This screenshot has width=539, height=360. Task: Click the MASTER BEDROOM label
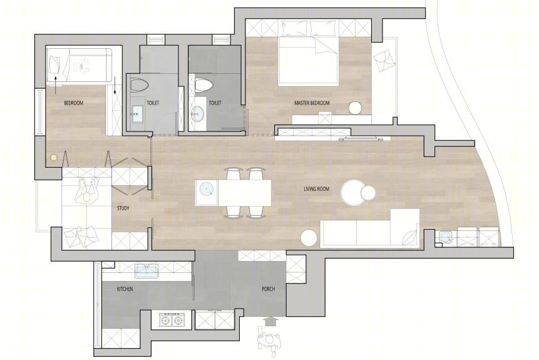(x=312, y=103)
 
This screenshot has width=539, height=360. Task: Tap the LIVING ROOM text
(x=317, y=189)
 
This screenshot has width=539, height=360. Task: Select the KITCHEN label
(x=125, y=289)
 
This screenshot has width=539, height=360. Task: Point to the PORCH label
(x=269, y=289)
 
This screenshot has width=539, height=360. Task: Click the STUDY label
(x=123, y=208)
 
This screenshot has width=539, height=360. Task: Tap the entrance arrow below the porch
(x=272, y=321)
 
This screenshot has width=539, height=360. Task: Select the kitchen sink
(x=146, y=270)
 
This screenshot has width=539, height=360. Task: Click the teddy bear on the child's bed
(x=82, y=66)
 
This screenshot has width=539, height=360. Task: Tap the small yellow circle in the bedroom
(x=53, y=158)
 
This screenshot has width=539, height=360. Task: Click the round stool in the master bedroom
(x=356, y=108)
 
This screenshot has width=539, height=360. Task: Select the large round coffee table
(x=354, y=193)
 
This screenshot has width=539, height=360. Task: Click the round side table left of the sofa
(x=309, y=238)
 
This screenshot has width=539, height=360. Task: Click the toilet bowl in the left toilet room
(x=139, y=85)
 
